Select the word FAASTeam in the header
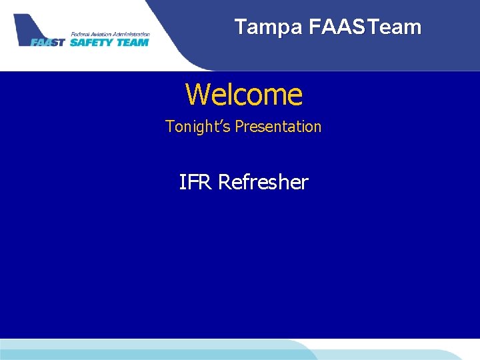click(x=365, y=27)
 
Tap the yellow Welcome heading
click(x=243, y=95)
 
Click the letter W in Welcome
click(x=197, y=95)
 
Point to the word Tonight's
click(x=193, y=127)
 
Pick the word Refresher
click(x=263, y=182)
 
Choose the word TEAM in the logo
click(x=132, y=42)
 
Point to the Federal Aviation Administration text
click(x=109, y=34)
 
